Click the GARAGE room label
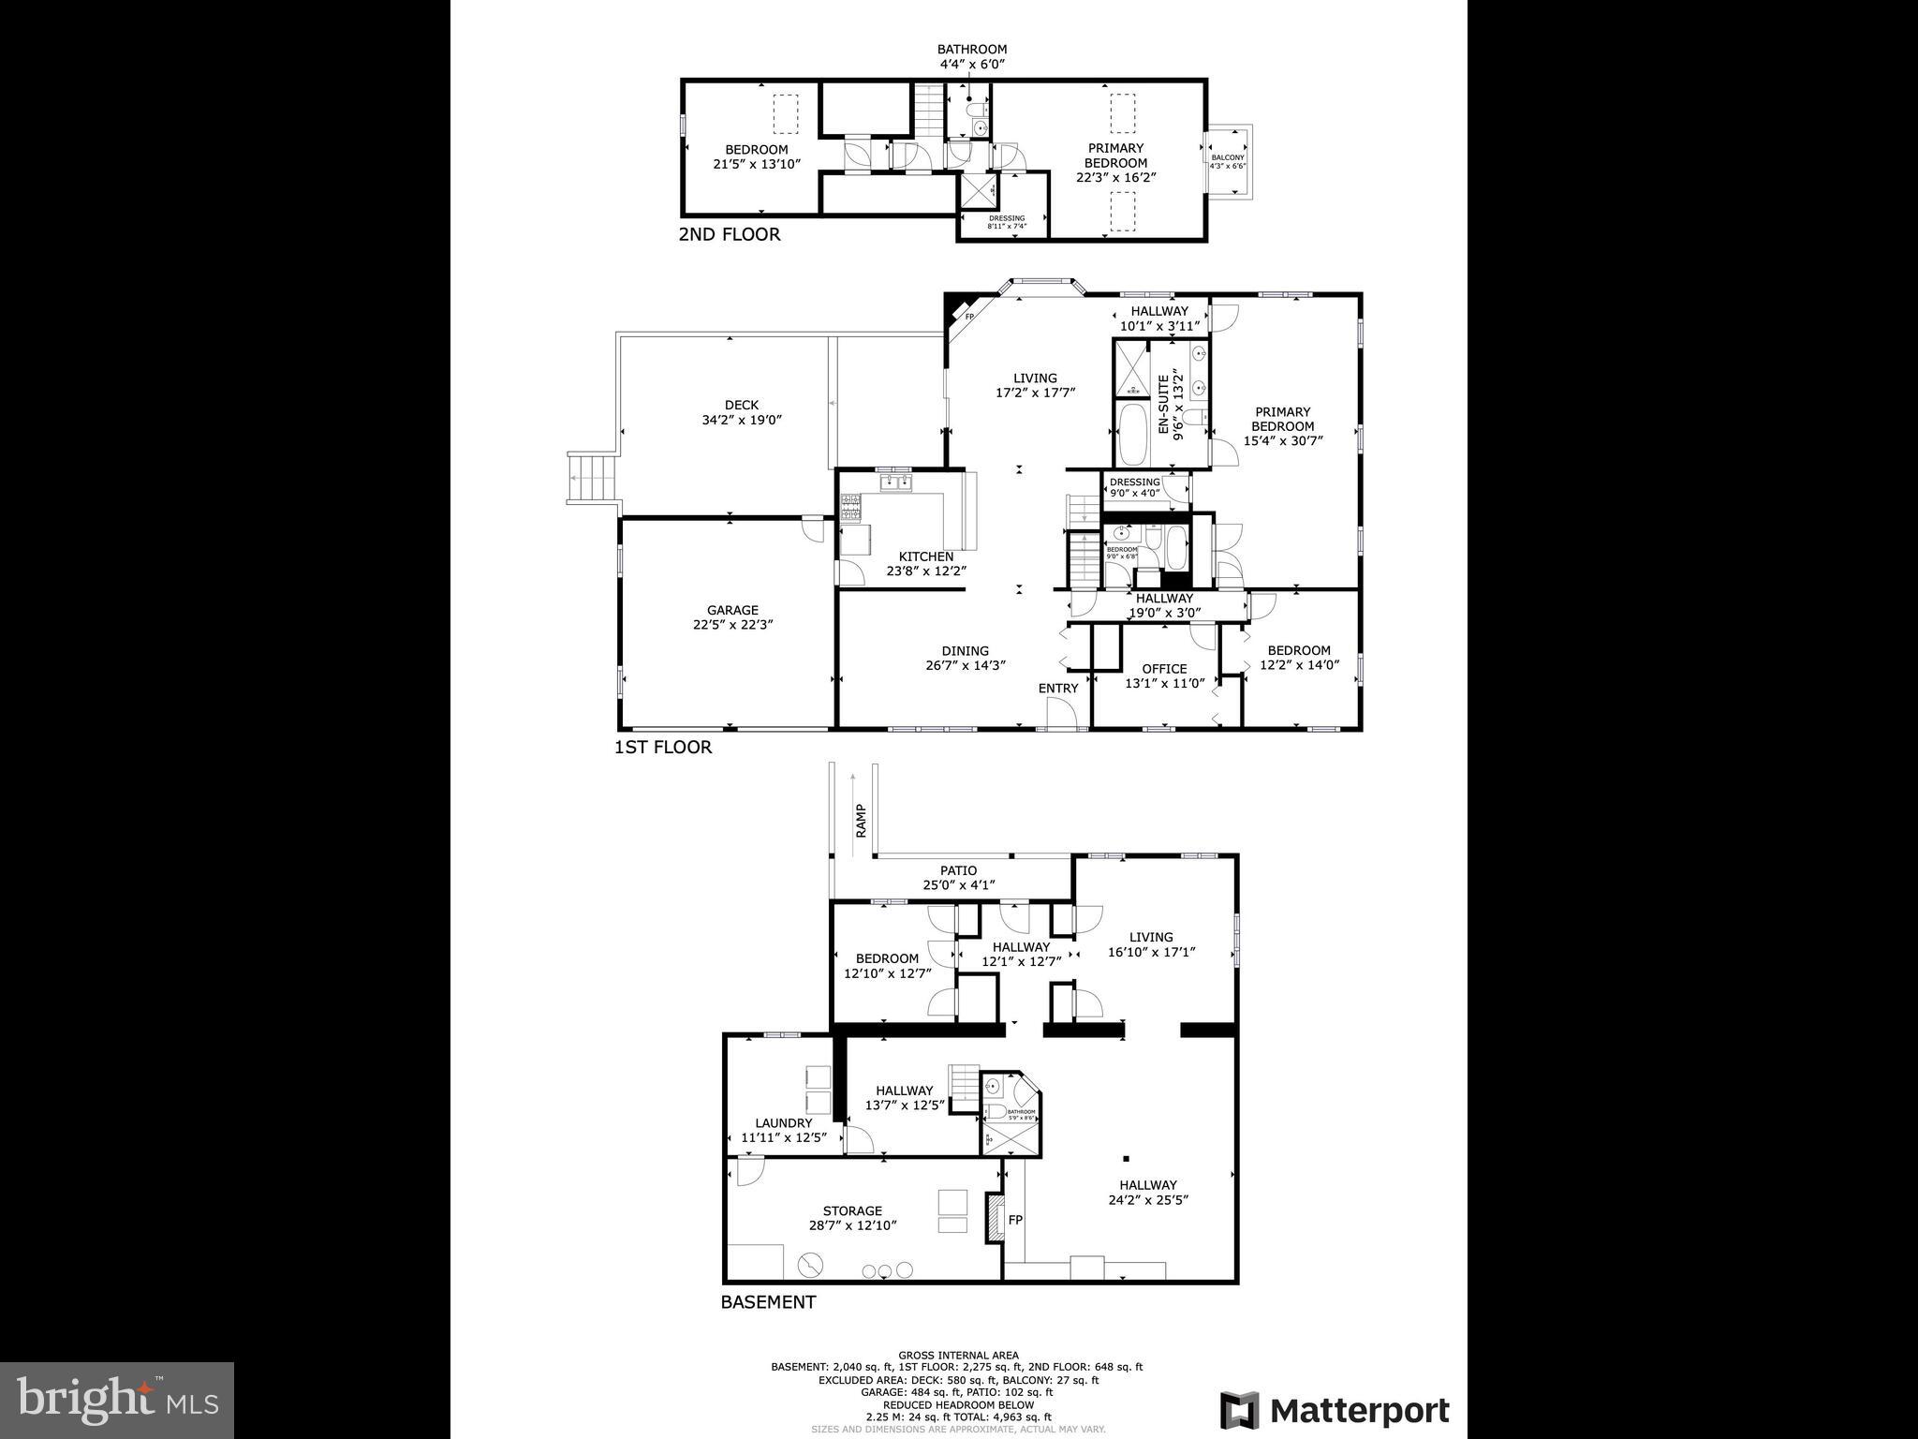pyautogui.click(x=732, y=610)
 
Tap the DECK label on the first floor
pyautogui.click(x=742, y=406)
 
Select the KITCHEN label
pyautogui.click(x=926, y=556)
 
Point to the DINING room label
pyautogui.click(x=965, y=651)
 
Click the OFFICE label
pyautogui.click(x=1164, y=669)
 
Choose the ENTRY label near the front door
pyautogui.click(x=1058, y=689)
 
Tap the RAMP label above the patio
pyautogui.click(x=861, y=821)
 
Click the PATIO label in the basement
pyautogui.click(x=959, y=870)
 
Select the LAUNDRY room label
pyautogui.click(x=784, y=1123)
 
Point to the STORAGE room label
pyautogui.click(x=852, y=1210)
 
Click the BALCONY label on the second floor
pyautogui.click(x=1228, y=157)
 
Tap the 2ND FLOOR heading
pyautogui.click(x=729, y=234)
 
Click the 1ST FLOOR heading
pyautogui.click(x=663, y=748)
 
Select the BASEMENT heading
pyautogui.click(x=768, y=1302)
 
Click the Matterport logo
pyautogui.click(x=1335, y=1410)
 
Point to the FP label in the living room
pyautogui.click(x=970, y=317)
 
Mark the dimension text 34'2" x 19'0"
pyautogui.click(x=742, y=421)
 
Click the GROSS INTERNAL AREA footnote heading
pyautogui.click(x=958, y=1355)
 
